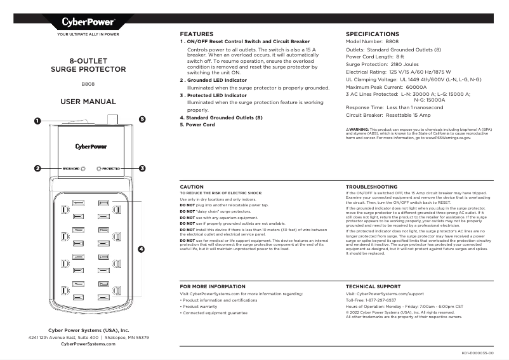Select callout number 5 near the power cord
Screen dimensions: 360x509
tap(142, 119)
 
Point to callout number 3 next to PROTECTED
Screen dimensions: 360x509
tap(142, 169)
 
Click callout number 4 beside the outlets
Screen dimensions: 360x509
tap(141, 248)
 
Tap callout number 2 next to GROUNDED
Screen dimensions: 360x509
tap(38, 169)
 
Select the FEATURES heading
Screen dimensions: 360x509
tap(196, 34)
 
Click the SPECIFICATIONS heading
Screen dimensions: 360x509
tap(372, 34)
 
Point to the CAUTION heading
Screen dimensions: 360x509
tap(192, 187)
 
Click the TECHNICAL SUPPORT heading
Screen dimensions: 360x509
tap(373, 287)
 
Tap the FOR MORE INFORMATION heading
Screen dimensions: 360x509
tap(213, 287)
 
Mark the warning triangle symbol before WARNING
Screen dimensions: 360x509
tap(347, 128)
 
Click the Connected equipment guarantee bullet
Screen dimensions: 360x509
tap(215, 313)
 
